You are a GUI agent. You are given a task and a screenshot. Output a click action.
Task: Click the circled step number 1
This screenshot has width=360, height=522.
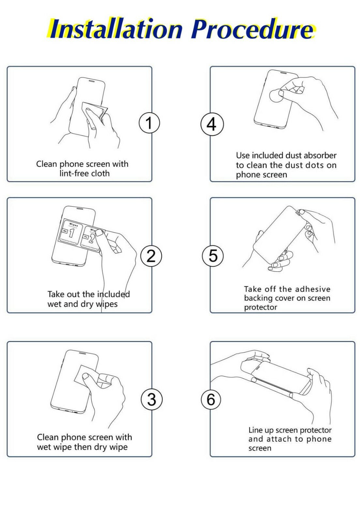coord(149,123)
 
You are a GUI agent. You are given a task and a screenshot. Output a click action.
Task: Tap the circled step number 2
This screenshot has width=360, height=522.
coord(151,256)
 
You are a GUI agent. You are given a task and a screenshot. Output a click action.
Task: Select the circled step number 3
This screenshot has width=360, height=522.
coord(152,399)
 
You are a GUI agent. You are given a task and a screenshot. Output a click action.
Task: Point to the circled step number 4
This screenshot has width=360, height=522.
coord(212,124)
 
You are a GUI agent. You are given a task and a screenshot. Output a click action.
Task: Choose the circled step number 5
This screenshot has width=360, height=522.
coord(213,255)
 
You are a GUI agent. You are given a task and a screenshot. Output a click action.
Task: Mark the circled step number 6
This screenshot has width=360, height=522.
coord(211,399)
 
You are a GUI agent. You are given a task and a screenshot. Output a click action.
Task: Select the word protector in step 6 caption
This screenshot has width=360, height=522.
coord(315,430)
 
